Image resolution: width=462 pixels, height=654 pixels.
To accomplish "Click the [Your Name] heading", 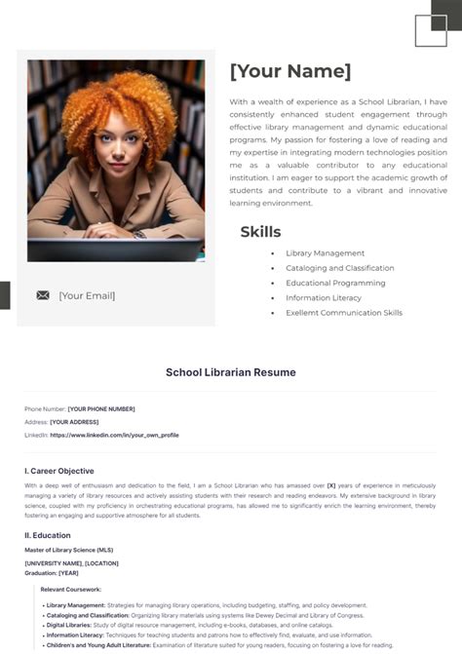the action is click(290, 71).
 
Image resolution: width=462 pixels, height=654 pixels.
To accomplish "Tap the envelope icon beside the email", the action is click(43, 295).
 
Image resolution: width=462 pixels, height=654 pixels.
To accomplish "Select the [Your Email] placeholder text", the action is click(87, 295).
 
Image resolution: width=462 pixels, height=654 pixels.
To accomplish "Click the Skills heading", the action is click(260, 232).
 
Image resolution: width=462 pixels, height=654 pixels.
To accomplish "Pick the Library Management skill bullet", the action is click(325, 253).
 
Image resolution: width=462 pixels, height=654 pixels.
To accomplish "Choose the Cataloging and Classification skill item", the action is click(339, 268).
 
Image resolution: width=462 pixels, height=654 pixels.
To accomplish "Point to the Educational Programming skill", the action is click(335, 283).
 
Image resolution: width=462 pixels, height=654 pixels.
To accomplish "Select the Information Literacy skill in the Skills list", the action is click(323, 298).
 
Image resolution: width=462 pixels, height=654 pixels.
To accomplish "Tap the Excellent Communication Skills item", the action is click(343, 313).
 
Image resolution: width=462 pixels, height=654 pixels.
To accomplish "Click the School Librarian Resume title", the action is click(231, 372).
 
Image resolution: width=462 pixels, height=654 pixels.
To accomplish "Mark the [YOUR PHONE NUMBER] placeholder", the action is click(101, 409).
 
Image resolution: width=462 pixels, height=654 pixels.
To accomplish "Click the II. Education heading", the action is click(48, 535).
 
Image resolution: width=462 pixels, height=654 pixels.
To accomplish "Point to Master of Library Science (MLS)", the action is click(69, 550).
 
